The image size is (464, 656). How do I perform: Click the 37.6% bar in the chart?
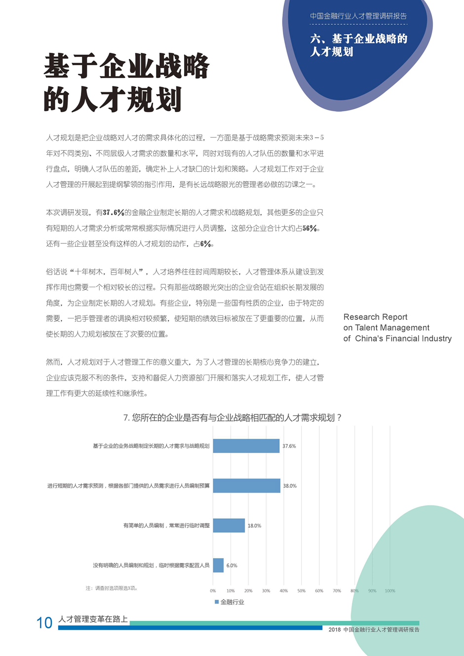(246, 446)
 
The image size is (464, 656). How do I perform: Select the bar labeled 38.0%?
(246, 486)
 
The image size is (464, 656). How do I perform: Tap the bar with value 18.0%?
(229, 525)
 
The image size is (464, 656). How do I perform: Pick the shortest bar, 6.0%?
(218, 565)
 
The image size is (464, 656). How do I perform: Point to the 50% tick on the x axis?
(301, 591)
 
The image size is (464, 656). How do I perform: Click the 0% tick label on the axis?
(213, 591)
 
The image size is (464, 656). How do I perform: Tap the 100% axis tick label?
(390, 591)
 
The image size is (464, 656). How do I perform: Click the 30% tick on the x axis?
(266, 591)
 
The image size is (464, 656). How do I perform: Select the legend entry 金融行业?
(230, 602)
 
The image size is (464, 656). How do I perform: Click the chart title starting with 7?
(232, 418)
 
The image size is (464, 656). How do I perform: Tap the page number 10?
(44, 623)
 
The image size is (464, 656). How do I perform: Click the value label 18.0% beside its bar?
(254, 526)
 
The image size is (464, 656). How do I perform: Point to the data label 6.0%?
(232, 566)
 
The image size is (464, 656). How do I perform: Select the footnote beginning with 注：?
(112, 588)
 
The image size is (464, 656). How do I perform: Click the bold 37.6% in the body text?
(114, 213)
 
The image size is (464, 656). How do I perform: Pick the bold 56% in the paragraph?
(309, 229)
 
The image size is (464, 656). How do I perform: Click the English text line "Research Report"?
(375, 317)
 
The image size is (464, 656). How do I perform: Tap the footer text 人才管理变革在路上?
(93, 619)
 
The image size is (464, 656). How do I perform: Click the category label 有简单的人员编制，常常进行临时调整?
(166, 526)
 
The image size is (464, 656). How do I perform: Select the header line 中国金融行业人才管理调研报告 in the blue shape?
(358, 16)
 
